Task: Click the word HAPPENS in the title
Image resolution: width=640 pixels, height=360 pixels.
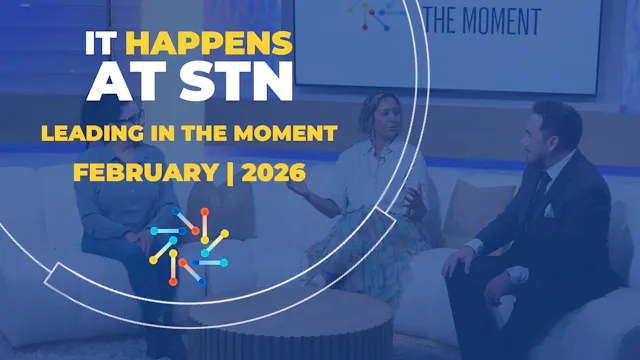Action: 210,43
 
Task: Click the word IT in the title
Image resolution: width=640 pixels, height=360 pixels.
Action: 102,43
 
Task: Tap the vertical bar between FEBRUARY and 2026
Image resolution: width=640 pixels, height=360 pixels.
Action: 229,171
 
